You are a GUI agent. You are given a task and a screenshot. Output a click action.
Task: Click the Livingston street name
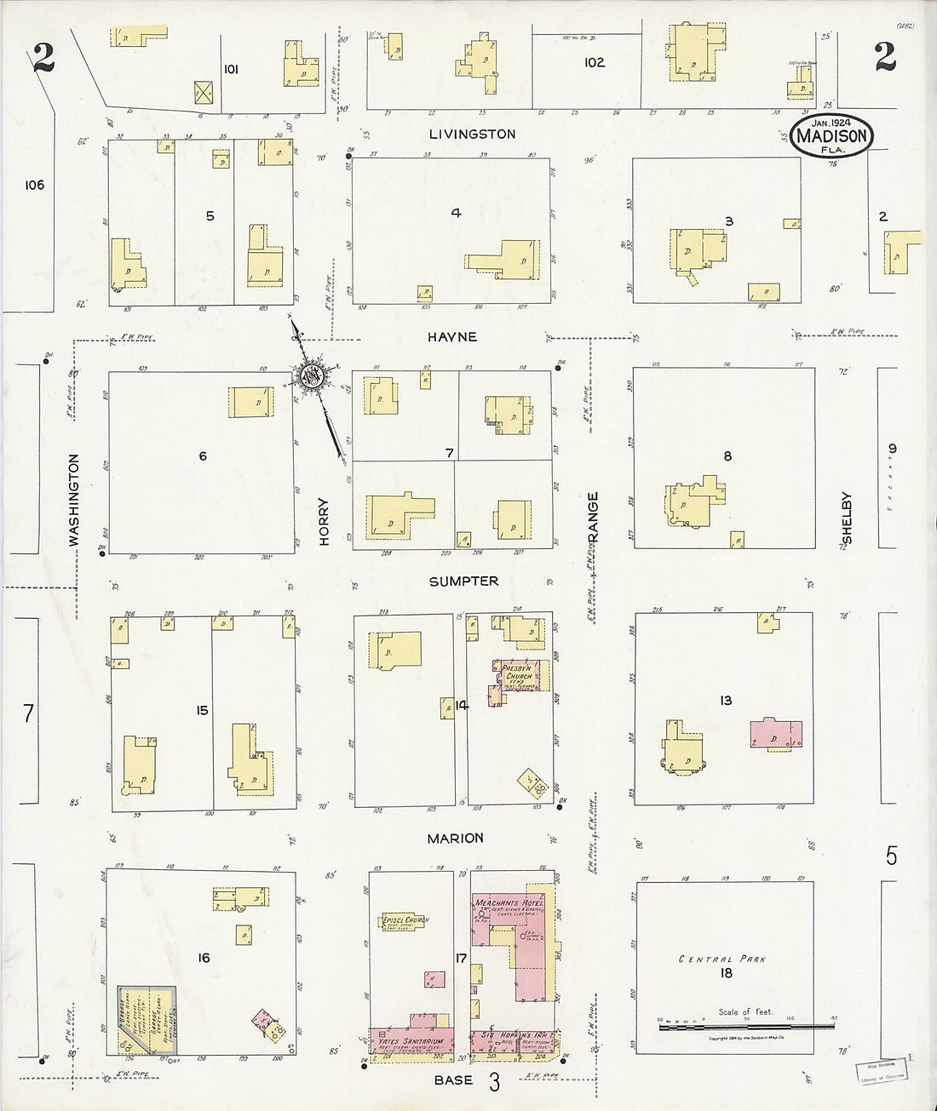coord(472,134)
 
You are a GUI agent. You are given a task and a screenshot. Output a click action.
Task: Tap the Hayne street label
coord(452,337)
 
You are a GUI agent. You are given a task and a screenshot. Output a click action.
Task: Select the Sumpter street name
coord(463,581)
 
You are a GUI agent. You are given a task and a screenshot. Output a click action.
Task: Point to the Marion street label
coord(455,839)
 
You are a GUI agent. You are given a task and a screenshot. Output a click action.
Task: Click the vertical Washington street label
coord(73,499)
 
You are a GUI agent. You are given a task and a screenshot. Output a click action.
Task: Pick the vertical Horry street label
coord(324,521)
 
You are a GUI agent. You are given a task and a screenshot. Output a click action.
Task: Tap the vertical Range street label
coord(593,516)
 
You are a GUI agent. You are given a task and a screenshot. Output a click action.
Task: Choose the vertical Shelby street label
coord(847,518)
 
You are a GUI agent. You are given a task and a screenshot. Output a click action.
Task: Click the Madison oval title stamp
coord(832,136)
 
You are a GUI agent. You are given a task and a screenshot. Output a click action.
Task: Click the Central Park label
coord(722,959)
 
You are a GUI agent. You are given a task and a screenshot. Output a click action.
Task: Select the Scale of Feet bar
coord(746,1027)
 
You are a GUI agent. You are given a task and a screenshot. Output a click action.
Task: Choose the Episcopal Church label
coord(405,920)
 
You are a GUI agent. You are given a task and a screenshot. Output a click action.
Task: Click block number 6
coord(203,456)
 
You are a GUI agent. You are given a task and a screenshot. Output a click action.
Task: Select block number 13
coord(725,701)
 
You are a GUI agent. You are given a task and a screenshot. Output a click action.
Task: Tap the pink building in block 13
coord(775,735)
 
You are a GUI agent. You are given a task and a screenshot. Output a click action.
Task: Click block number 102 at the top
coord(595,62)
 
